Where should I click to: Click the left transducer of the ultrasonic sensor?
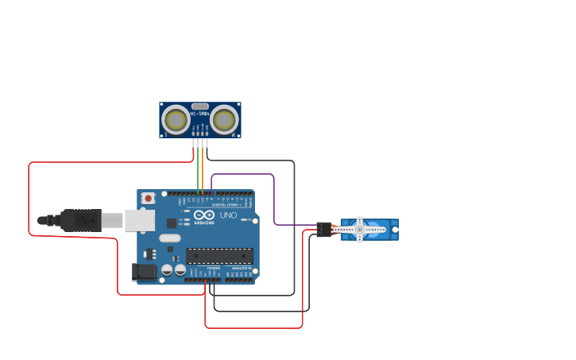tap(176, 120)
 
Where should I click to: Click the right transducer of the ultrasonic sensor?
tap(224, 120)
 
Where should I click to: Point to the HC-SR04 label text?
tap(199, 114)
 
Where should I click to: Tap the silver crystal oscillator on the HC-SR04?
tap(200, 106)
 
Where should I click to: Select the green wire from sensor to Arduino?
tap(198, 171)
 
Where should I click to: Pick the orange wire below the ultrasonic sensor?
tap(203, 171)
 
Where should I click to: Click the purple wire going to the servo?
tap(273, 199)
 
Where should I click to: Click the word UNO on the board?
tap(228, 215)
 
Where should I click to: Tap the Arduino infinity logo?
tap(204, 215)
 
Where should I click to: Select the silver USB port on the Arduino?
tap(140, 220)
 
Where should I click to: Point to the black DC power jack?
tap(144, 272)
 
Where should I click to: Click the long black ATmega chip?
tap(220, 256)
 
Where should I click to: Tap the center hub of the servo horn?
tap(359, 230)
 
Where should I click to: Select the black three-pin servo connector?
tap(323, 230)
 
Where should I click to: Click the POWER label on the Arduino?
tap(213, 269)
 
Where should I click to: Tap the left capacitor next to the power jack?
tap(167, 270)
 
